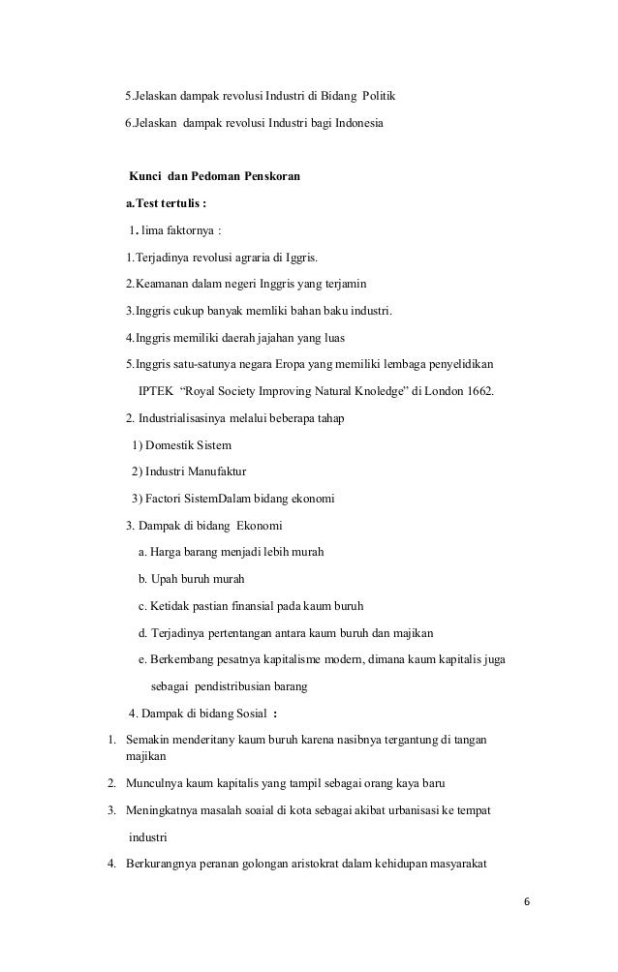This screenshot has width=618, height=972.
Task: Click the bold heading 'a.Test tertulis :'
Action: [x=166, y=204]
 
